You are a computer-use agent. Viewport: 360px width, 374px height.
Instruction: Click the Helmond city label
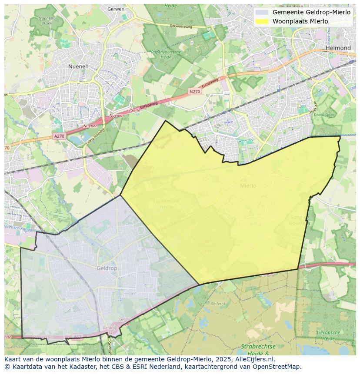338,48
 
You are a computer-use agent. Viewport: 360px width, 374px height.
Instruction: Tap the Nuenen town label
78,66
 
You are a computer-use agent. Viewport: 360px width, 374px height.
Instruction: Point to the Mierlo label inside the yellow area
248,185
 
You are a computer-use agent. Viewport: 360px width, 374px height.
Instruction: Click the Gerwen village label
115,9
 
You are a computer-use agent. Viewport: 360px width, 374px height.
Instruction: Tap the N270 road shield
195,92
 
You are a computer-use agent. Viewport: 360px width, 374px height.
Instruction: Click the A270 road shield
59,136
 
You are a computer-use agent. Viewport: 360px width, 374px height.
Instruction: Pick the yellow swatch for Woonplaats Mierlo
261,21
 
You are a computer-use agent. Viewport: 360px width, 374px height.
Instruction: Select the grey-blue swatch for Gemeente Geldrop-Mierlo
261,12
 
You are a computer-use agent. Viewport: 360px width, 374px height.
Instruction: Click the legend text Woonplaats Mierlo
300,21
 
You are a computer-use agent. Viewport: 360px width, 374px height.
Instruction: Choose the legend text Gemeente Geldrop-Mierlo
311,12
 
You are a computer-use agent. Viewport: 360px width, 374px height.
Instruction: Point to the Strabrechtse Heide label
258,350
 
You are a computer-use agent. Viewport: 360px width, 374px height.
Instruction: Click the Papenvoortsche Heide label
166,54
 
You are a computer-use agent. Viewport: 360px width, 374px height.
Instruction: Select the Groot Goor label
324,115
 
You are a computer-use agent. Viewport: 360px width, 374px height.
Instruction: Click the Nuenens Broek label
47,20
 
